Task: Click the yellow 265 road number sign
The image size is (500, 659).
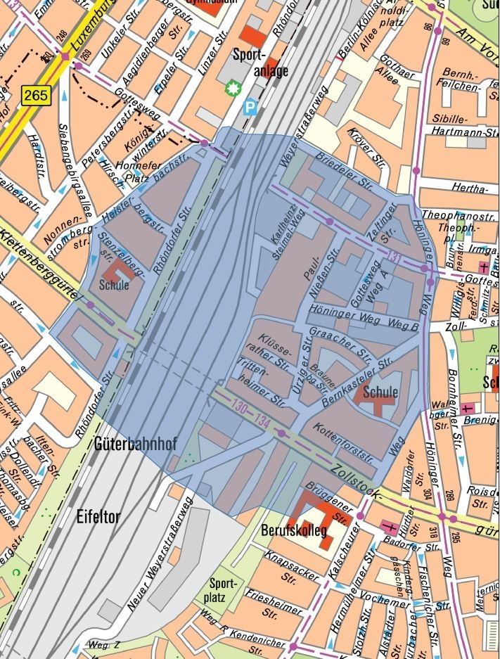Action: coord(36,95)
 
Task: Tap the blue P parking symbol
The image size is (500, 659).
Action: coord(249,107)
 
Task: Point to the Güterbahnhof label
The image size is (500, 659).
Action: coord(135,444)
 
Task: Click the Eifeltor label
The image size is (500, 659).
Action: coord(99,517)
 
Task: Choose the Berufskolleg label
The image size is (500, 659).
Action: coord(293,530)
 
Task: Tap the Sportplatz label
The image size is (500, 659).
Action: coord(224,590)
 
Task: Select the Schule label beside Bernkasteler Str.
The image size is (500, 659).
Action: coord(380,392)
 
